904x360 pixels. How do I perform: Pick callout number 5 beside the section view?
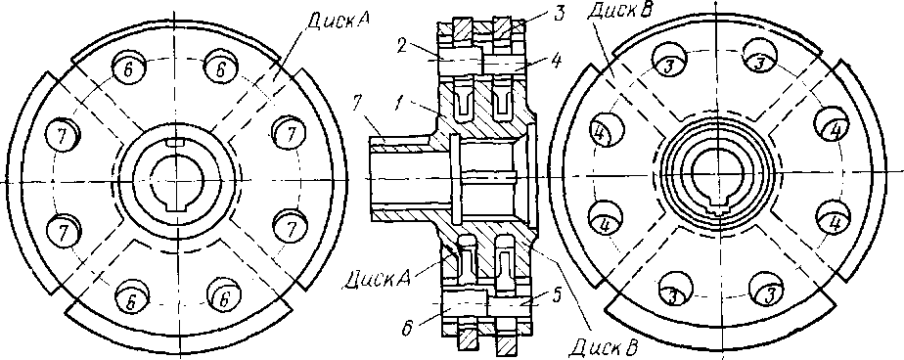(x=555, y=294)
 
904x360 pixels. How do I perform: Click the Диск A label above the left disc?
(x=338, y=21)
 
